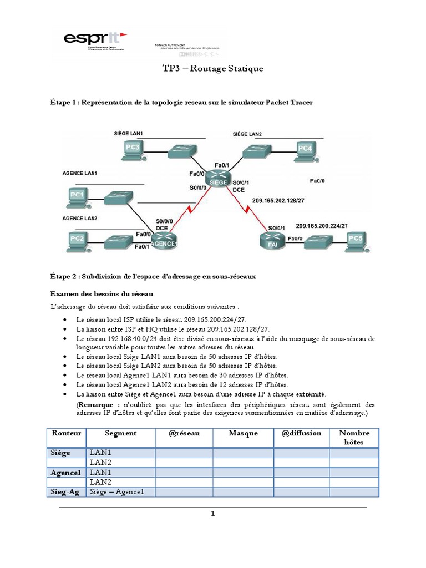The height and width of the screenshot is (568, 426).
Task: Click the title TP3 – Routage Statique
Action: [212, 69]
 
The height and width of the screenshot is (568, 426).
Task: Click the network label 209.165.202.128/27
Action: [278, 201]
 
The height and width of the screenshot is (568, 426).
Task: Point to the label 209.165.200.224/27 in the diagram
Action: [322, 226]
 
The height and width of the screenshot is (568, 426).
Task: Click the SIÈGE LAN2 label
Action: [247, 134]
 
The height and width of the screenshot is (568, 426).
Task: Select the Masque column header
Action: [243, 433]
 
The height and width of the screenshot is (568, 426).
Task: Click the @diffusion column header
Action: [301, 433]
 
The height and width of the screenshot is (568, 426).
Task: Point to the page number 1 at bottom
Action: [212, 514]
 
